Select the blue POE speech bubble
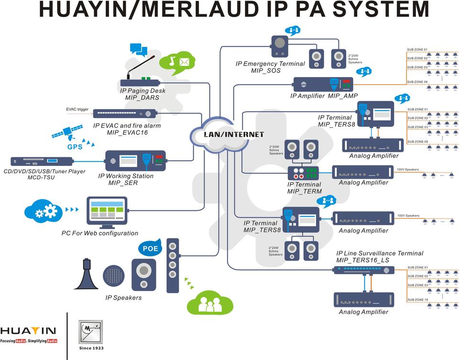150,248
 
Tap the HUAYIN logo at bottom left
28,333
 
